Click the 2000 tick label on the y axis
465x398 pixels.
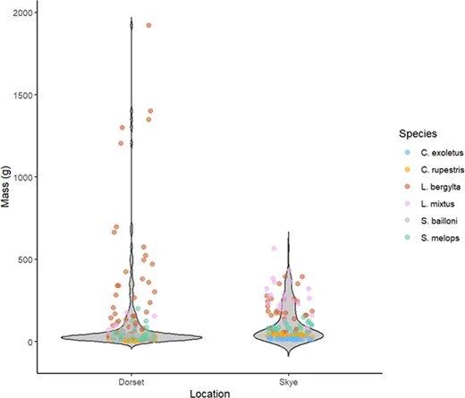(22, 13)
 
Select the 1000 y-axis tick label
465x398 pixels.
(22, 177)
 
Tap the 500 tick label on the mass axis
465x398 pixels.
(25, 259)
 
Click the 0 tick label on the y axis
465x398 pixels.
(30, 342)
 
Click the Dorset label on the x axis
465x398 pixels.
(131, 382)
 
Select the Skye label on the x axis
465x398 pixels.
(289, 382)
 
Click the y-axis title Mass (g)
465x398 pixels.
(5, 186)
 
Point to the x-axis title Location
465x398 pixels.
(210, 394)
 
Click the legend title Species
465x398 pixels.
(418, 133)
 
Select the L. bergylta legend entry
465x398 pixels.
(433, 187)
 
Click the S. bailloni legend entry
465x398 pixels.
(431, 221)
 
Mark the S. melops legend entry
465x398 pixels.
(432, 238)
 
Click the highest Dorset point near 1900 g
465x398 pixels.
(148, 25)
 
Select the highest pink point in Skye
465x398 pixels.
(274, 248)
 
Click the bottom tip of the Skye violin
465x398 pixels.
(289, 356)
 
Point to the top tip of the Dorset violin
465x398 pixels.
(131, 18)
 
